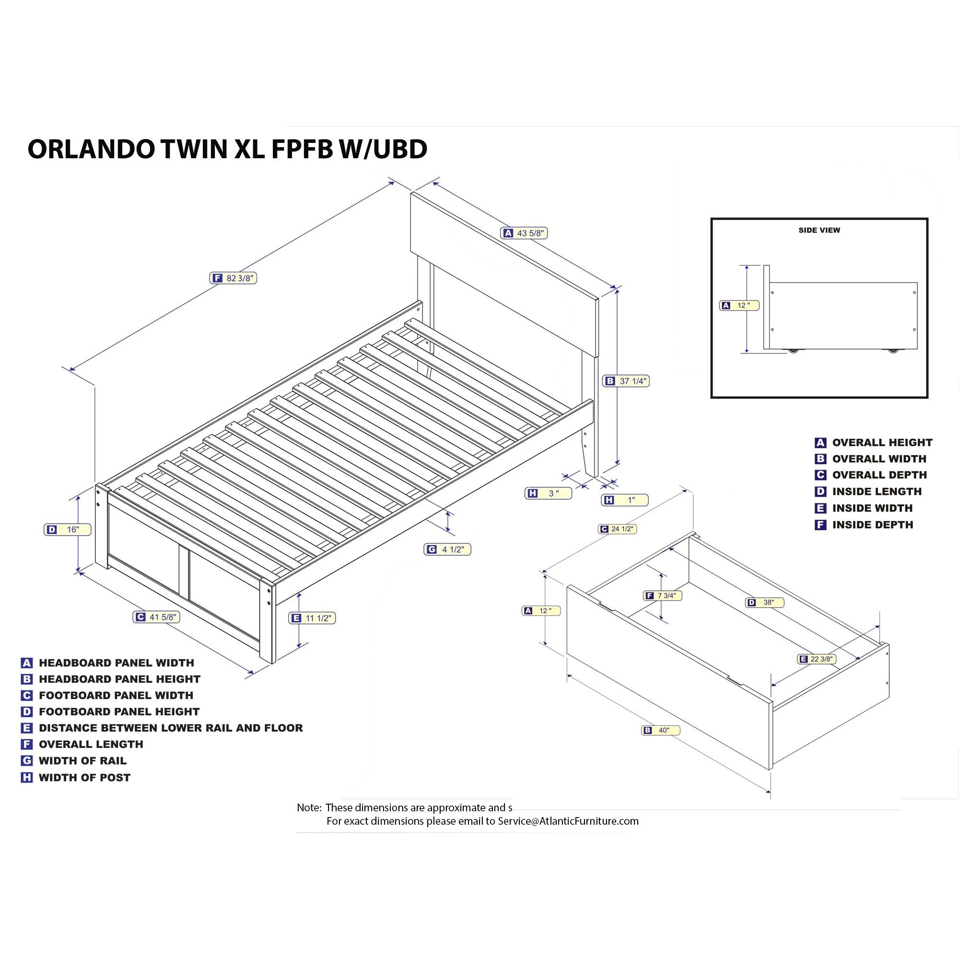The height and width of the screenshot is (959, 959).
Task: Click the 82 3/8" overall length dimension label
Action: (x=233, y=278)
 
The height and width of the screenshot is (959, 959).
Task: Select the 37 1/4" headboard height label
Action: (x=626, y=381)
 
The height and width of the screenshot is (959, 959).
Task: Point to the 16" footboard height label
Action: (x=68, y=530)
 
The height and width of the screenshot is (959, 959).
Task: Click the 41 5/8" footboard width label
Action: (x=156, y=617)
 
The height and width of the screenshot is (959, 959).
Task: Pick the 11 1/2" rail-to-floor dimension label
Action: (x=312, y=618)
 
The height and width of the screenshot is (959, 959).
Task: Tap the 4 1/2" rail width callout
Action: (x=447, y=550)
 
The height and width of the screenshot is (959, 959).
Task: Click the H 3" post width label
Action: (x=548, y=493)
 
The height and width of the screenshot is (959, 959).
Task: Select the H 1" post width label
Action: (x=624, y=500)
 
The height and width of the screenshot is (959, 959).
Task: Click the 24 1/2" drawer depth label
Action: (x=617, y=529)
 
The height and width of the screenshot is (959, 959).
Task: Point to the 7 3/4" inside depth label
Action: (x=662, y=596)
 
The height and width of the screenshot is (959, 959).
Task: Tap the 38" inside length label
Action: (x=764, y=603)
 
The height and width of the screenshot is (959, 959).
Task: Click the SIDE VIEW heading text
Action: (x=819, y=230)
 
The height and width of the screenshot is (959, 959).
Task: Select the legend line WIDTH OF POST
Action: (x=84, y=778)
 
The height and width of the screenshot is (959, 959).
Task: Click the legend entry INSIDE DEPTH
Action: (x=872, y=525)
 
